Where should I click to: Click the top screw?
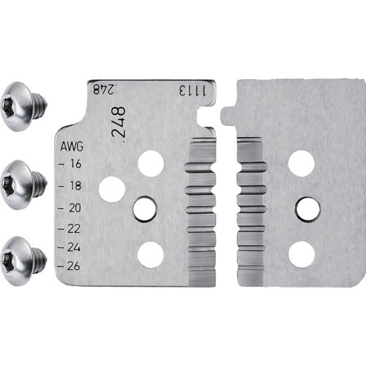click(x=23, y=107)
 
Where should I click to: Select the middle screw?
click(x=23, y=184)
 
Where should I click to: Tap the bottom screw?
click(x=23, y=261)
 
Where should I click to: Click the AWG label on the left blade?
click(x=72, y=146)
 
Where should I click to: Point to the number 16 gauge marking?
click(x=75, y=164)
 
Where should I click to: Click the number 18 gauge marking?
click(x=75, y=186)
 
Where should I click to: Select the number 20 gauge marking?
click(x=75, y=208)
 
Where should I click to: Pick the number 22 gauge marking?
click(x=74, y=228)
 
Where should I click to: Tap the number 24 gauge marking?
click(x=74, y=247)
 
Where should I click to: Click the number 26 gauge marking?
click(x=74, y=266)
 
